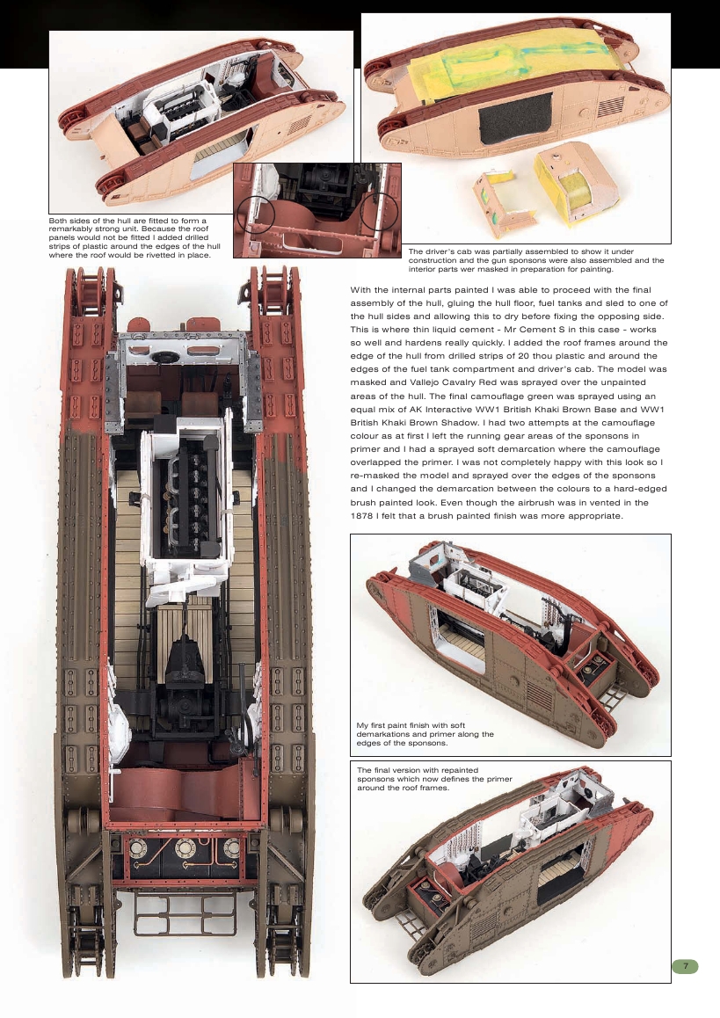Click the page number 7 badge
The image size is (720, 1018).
(686, 966)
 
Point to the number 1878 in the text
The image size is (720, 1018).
(367, 515)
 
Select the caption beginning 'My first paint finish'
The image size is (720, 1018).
(425, 734)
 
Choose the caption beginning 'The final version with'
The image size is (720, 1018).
(434, 778)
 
